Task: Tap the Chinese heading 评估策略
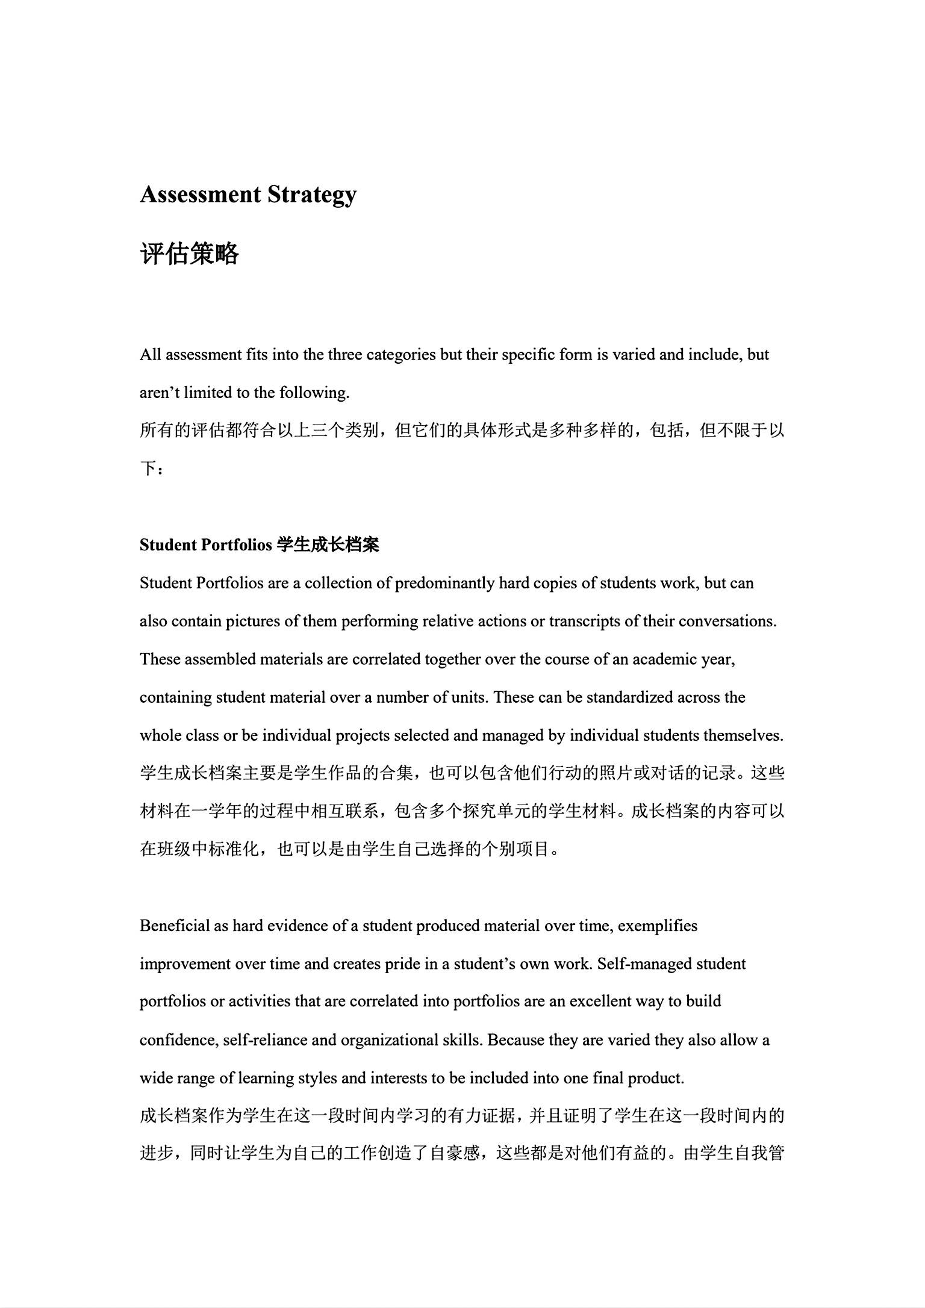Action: [189, 254]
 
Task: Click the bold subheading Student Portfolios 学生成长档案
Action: [259, 545]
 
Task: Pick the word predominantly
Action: [444, 583]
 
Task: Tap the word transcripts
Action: [585, 621]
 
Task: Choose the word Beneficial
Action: [175, 925]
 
